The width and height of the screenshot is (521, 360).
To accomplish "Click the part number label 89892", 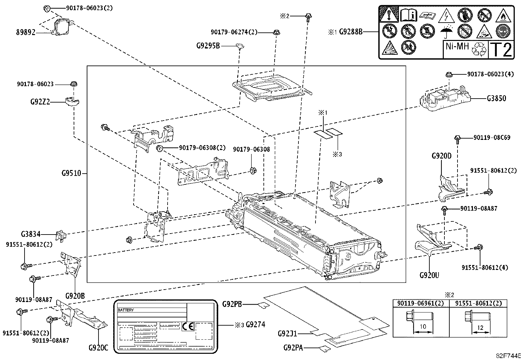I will (x=26, y=32).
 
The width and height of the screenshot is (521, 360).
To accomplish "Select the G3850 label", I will (x=496, y=98).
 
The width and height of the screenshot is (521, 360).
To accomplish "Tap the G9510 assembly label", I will (x=71, y=173).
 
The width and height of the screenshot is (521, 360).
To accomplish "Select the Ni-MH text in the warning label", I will (x=457, y=46).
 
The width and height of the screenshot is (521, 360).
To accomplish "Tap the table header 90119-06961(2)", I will (x=421, y=303).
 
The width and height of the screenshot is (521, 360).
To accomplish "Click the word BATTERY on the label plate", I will (x=126, y=310).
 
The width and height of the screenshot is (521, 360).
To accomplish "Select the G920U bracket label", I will (x=429, y=275).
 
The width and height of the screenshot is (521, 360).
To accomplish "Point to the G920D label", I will (x=441, y=156).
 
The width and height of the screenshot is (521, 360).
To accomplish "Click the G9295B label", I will (x=208, y=46).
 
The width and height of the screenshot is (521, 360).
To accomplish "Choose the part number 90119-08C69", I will (x=492, y=138).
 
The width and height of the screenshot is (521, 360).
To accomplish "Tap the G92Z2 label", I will (x=40, y=102).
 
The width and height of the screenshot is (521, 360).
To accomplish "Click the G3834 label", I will (x=31, y=234).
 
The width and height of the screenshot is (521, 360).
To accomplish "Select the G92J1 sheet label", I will (x=287, y=334).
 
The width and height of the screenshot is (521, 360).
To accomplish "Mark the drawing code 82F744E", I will (x=508, y=356).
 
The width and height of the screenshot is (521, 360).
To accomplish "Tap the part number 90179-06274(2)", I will (x=234, y=32).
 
